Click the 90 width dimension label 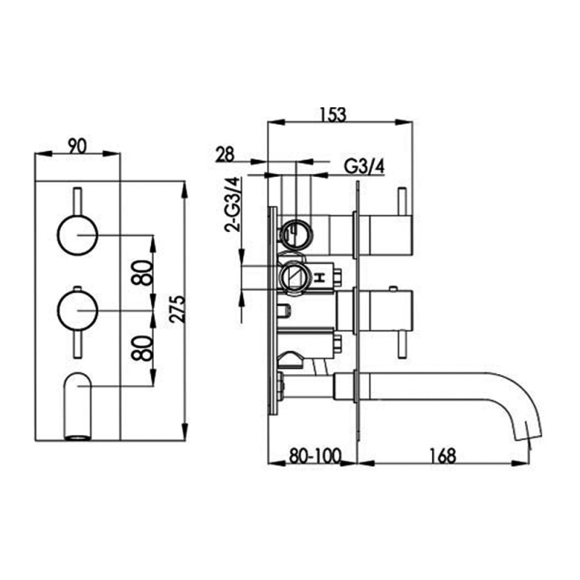pos(77,144)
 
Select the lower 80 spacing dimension pos(146,347)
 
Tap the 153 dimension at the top pos(333,114)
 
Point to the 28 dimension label pos(225,154)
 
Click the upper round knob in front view pos(77,235)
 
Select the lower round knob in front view pos(77,310)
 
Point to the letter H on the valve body pos(320,276)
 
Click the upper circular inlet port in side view pos(296,233)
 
